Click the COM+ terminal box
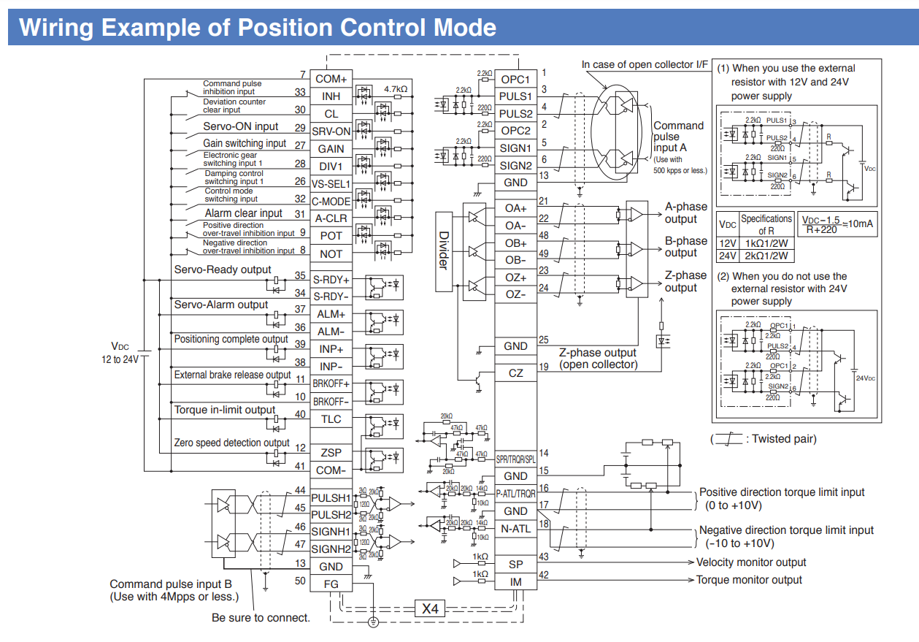[331, 79]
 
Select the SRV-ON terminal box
[331, 131]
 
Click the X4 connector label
[429, 608]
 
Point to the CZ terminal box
[515, 373]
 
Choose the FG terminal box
[331, 584]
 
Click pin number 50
[300, 581]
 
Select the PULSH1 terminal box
[331, 497]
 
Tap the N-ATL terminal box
[515, 528]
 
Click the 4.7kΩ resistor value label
[395, 89]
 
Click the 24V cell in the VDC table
[727, 256]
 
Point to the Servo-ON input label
[240, 126]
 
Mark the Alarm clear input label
[243, 213]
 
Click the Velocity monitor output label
[751, 562]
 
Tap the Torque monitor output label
[749, 580]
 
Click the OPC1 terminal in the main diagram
[515, 79]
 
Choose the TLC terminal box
[331, 419]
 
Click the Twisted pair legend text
[784, 439]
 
